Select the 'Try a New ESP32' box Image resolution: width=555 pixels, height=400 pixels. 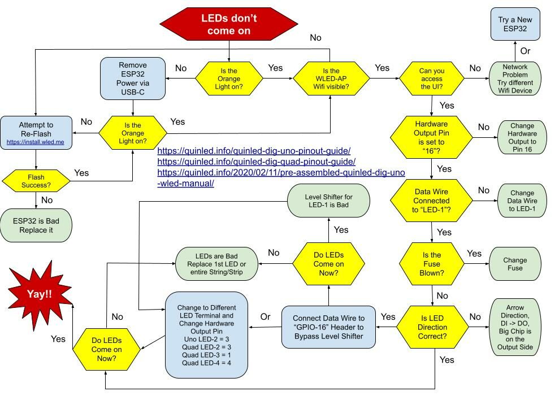(x=515, y=24)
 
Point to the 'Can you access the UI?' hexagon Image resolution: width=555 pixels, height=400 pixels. (x=431, y=79)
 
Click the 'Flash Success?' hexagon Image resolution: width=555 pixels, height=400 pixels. (x=36, y=181)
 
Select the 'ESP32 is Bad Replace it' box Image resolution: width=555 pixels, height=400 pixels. (x=36, y=225)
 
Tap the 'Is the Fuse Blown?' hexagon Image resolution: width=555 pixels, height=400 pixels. (x=432, y=264)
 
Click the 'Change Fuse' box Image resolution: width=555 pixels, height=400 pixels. (x=515, y=264)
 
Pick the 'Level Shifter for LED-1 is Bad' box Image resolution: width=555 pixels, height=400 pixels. (x=328, y=202)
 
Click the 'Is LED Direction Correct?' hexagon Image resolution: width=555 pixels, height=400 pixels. (x=432, y=327)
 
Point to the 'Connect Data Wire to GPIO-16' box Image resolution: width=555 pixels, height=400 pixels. (x=328, y=327)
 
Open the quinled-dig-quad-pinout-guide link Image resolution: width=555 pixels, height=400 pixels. (x=256, y=162)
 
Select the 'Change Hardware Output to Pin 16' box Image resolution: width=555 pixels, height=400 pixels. (x=522, y=137)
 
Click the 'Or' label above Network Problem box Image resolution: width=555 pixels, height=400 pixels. (x=525, y=51)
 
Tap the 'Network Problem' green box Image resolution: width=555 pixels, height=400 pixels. (x=515, y=79)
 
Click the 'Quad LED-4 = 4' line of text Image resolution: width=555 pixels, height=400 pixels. (x=206, y=363)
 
